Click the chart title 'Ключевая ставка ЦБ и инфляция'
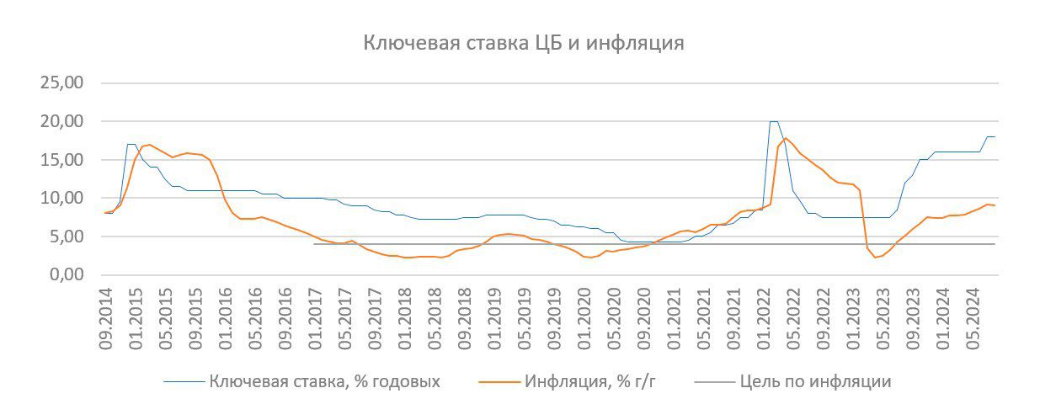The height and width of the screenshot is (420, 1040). [x=523, y=43]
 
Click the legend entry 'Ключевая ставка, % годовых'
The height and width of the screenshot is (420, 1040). [x=324, y=381]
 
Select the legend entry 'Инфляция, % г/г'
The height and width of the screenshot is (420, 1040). [x=589, y=381]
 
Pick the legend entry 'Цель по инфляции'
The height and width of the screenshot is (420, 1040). [x=815, y=381]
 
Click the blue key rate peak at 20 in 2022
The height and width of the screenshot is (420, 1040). [x=774, y=122]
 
